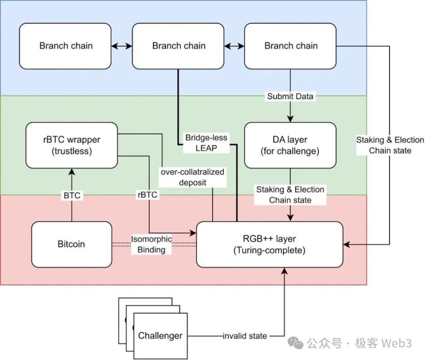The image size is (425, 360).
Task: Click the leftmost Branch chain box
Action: point(66,46)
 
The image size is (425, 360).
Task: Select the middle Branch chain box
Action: point(178,46)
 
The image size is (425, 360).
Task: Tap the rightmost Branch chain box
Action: point(291,46)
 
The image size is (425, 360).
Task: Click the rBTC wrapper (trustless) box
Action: point(71,145)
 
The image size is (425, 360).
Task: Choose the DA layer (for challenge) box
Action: point(290,145)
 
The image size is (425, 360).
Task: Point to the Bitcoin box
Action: point(72,244)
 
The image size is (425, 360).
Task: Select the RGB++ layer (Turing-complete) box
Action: point(269,245)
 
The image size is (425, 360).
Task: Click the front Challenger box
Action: point(160,336)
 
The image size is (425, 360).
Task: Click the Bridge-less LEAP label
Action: point(206,143)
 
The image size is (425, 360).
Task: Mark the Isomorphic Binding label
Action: point(152,244)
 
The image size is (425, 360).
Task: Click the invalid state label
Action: point(244,336)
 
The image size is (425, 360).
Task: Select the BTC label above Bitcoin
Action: point(72,195)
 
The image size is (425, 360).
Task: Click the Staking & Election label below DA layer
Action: point(290,195)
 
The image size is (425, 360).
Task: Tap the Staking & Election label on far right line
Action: point(390,145)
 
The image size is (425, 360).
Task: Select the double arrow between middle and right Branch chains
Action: point(234,45)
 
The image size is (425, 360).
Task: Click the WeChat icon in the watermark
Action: point(297,344)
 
